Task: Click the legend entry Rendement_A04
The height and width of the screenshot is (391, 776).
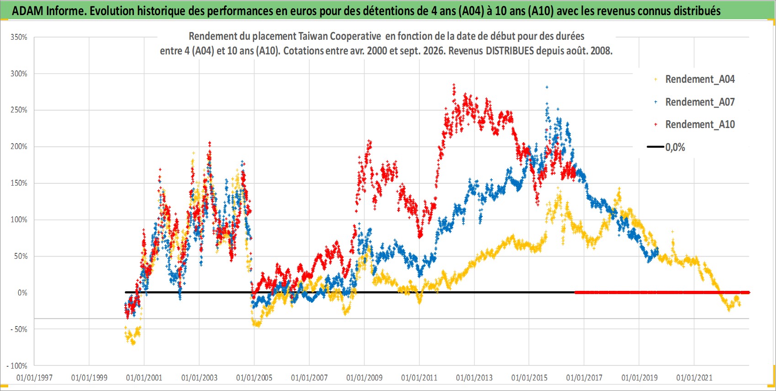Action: (700, 80)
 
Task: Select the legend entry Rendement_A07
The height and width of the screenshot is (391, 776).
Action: (700, 102)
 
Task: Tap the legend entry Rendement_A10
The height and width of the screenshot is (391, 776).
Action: (700, 124)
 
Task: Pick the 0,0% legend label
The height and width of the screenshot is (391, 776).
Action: (675, 147)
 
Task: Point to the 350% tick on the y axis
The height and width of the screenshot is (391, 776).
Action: (19, 37)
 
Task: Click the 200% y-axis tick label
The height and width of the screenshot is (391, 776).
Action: (19, 146)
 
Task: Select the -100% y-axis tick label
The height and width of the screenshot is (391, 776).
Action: (16, 366)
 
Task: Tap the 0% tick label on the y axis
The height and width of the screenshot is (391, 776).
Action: (22, 293)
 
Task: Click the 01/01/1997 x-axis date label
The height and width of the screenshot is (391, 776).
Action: (34, 378)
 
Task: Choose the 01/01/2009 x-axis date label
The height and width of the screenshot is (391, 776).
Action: (364, 378)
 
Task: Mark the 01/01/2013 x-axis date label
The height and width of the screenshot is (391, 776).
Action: (474, 378)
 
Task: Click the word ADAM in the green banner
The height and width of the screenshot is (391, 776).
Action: (27, 11)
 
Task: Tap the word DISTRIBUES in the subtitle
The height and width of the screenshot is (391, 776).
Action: (510, 51)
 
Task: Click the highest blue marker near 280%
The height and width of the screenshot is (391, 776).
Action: (547, 87)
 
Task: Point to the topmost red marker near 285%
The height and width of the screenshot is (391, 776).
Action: (454, 85)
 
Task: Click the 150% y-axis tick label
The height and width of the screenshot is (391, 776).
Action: (19, 183)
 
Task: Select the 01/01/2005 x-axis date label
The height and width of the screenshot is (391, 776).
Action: (254, 378)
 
